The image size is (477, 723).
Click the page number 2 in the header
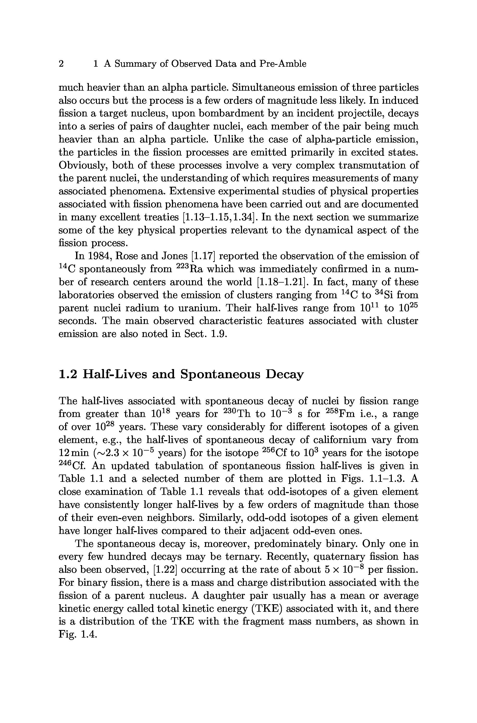(61, 64)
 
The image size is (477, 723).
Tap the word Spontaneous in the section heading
(220, 374)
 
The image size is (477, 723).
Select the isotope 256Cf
(275, 453)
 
